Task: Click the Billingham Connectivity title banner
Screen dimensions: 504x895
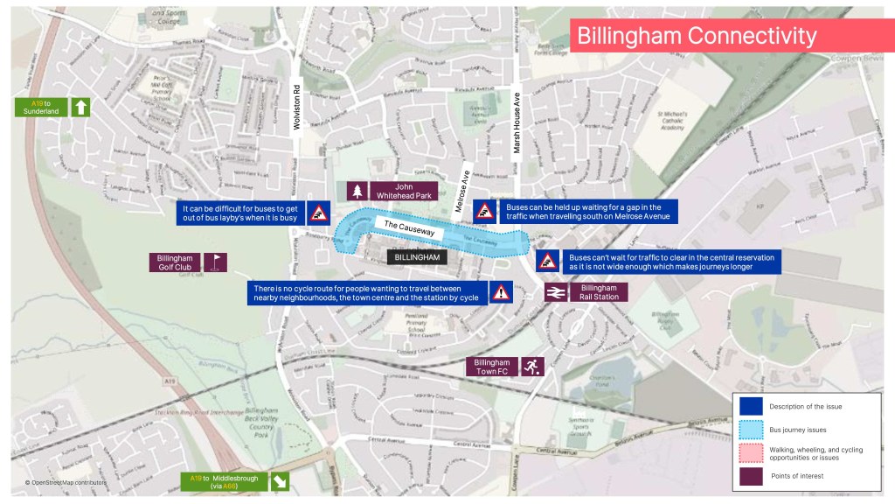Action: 731,36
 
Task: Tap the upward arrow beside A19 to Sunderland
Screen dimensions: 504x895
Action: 80,108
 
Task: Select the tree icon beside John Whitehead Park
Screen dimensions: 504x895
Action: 357,190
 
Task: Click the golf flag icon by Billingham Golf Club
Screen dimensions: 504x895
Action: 215,262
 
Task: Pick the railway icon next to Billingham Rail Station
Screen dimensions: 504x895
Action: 554,294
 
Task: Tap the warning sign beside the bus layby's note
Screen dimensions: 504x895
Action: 318,211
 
